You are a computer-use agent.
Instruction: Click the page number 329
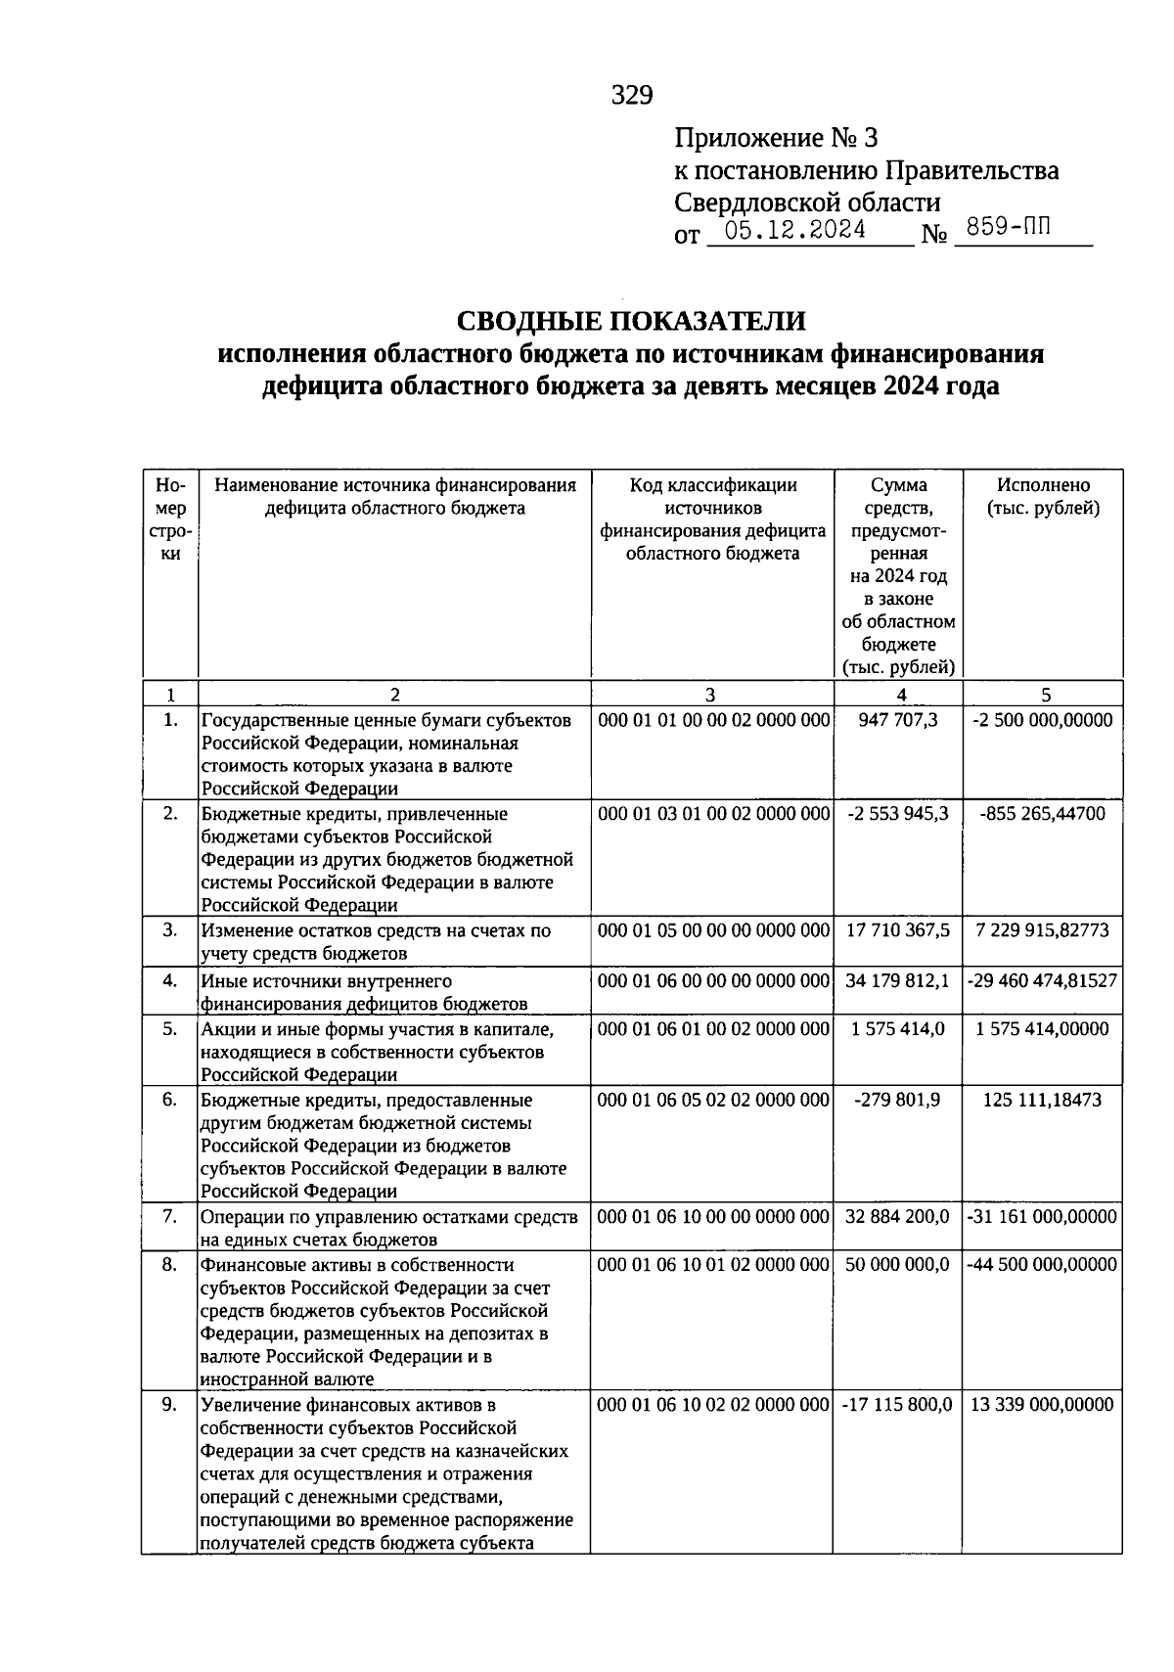pos(631,95)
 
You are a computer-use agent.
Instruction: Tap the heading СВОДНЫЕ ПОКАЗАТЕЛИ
pos(631,321)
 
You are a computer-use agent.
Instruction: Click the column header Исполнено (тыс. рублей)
pos(1043,497)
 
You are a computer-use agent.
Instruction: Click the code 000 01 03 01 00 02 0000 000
pos(713,814)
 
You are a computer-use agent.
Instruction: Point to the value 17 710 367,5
pos(897,930)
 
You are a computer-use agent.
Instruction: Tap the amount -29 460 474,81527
pos(1043,979)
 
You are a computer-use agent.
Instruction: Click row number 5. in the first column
pos(170,1028)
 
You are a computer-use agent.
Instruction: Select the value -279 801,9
pos(897,1100)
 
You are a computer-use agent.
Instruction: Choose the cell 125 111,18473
pos(1043,1100)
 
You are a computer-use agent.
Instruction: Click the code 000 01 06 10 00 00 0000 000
pos(713,1217)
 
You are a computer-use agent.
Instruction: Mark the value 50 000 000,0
pos(897,1265)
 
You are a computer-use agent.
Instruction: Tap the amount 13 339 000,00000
pos(1043,1405)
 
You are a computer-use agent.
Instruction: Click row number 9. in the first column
pos(170,1405)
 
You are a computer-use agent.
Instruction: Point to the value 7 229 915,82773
pos(1043,930)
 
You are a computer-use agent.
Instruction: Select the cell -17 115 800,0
pos(897,1405)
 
